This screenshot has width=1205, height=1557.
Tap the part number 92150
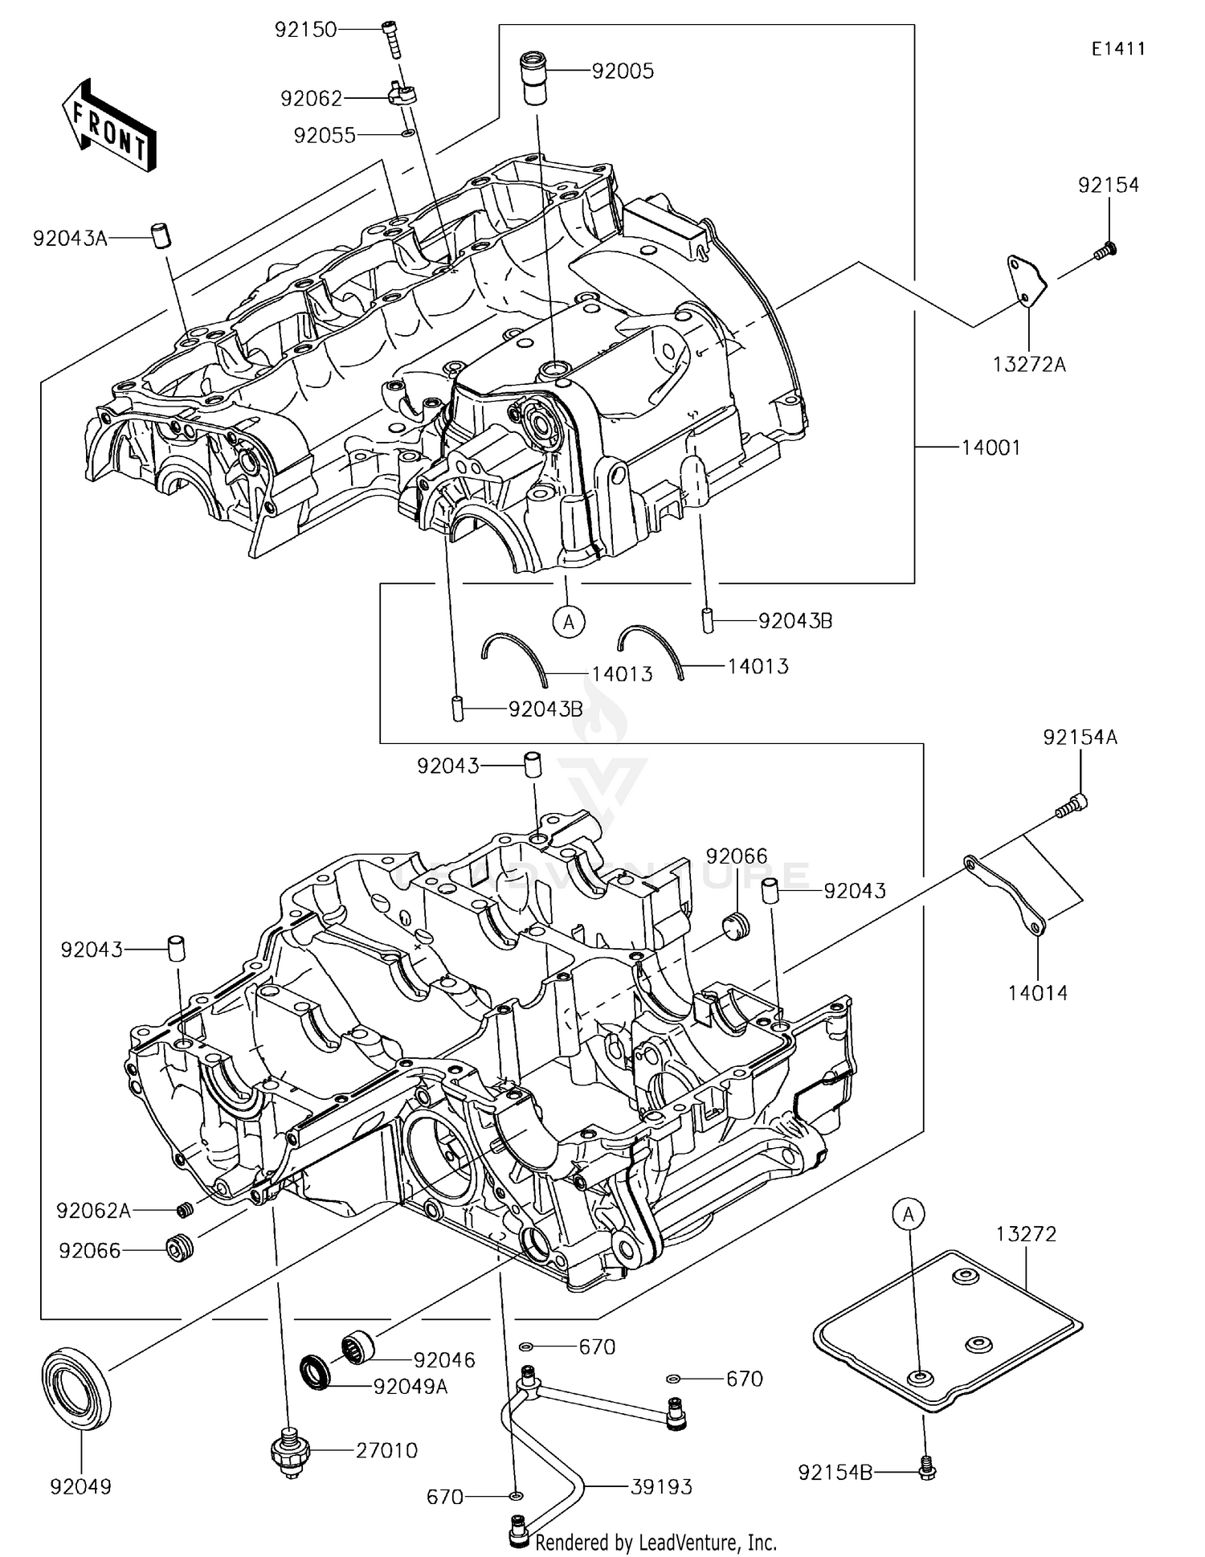[305, 31]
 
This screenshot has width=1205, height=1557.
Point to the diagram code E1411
[1118, 49]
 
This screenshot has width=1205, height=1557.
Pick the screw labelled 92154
[1107, 251]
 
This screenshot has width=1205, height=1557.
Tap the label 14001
[991, 447]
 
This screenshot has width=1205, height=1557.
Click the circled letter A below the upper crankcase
[569, 620]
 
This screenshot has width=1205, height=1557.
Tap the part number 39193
[660, 1487]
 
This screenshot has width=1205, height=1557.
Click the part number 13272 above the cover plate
[1026, 1233]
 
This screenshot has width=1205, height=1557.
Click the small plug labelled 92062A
[184, 1209]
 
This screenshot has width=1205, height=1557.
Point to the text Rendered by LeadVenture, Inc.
[656, 1542]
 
